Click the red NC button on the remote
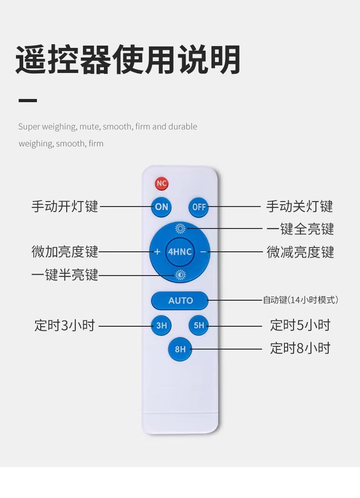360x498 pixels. point(161,183)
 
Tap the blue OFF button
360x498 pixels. point(199,207)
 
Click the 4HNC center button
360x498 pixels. point(180,252)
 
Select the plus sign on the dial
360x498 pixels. point(157,252)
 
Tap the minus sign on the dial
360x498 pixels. point(203,252)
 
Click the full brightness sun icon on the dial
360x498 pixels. point(180,228)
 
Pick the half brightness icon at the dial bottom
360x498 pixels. point(180,275)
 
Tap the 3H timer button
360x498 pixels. point(161,326)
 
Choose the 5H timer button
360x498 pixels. point(199,326)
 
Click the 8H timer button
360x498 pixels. point(180,349)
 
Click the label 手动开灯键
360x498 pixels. point(65,207)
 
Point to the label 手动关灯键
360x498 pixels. point(299,207)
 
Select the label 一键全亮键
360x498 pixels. point(300,229)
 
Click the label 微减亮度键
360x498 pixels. point(300,252)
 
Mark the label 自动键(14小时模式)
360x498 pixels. point(300,300)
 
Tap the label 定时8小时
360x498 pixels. point(300,348)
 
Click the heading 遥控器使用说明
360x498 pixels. point(128,60)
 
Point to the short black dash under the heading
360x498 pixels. point(27,100)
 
